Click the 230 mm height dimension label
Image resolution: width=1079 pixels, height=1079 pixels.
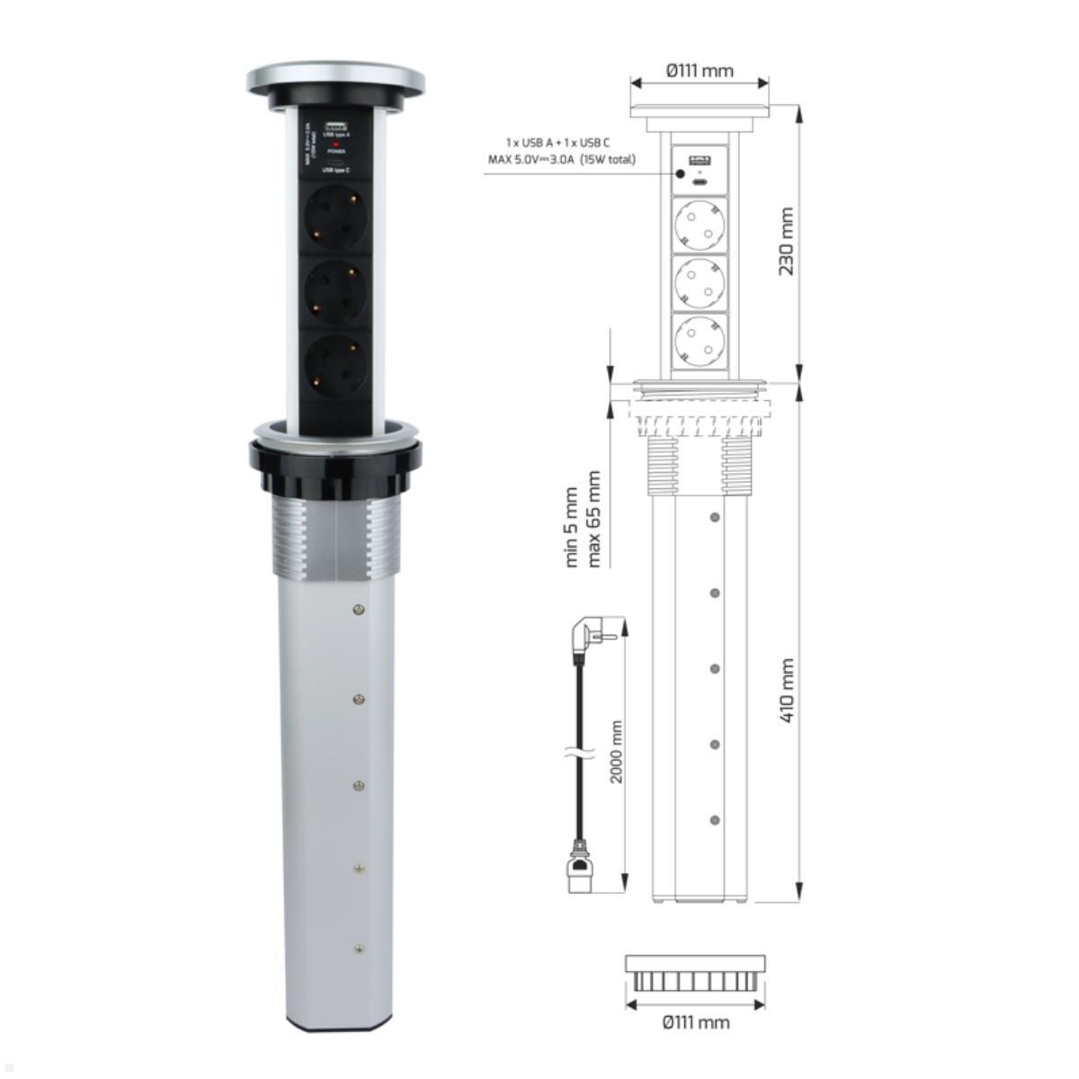click(x=787, y=241)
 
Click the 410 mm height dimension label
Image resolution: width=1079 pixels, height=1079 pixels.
click(x=787, y=691)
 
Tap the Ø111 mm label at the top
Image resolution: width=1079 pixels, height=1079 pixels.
click(x=699, y=70)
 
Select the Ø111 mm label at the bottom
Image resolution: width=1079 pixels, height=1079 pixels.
click(x=695, y=1021)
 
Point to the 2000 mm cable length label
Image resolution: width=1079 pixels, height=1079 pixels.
click(x=617, y=752)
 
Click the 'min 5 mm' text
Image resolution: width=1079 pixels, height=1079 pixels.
click(x=573, y=527)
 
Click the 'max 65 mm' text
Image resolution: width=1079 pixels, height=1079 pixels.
click(x=593, y=519)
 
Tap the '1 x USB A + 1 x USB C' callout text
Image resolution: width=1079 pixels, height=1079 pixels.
click(x=557, y=143)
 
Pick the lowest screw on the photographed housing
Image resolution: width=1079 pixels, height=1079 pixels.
click(x=360, y=948)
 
